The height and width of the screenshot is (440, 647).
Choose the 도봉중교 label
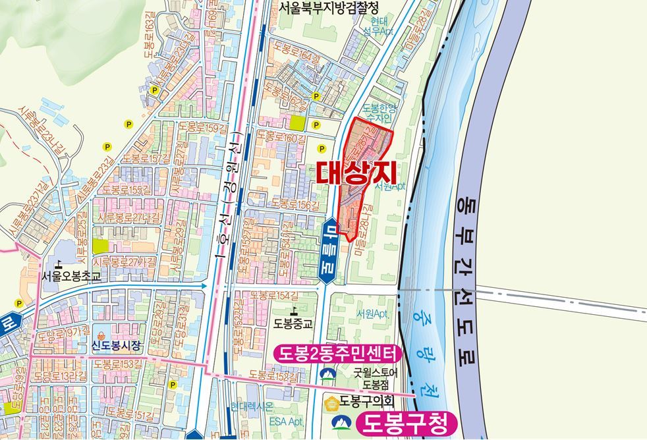pyautogui.click(x=293, y=323)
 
